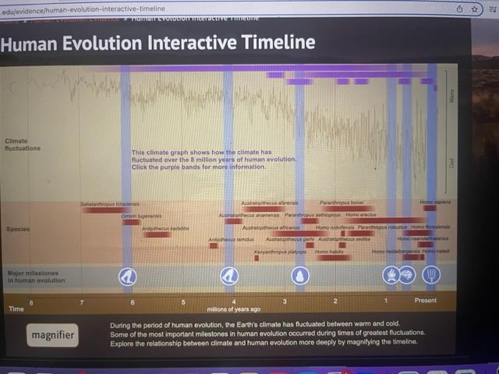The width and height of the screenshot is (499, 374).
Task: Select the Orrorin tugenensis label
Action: (141, 216)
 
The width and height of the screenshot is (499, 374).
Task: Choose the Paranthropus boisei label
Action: (338, 202)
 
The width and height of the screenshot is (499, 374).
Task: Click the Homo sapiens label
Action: (436, 203)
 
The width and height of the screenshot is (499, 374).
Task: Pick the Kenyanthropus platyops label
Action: (280, 252)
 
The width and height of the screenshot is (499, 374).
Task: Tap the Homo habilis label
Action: (330, 252)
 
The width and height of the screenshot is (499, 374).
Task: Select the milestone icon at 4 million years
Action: (228, 275)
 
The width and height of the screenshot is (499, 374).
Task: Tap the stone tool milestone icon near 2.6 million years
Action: (300, 275)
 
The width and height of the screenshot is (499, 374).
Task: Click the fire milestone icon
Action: (390, 275)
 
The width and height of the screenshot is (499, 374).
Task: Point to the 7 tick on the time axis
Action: (81, 301)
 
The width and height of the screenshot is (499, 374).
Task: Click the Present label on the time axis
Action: (426, 301)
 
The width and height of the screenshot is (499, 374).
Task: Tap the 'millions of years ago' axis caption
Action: (234, 309)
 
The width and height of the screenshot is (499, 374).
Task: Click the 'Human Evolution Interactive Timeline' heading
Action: (158, 42)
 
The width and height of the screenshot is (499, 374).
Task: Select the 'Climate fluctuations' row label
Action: (22, 144)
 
